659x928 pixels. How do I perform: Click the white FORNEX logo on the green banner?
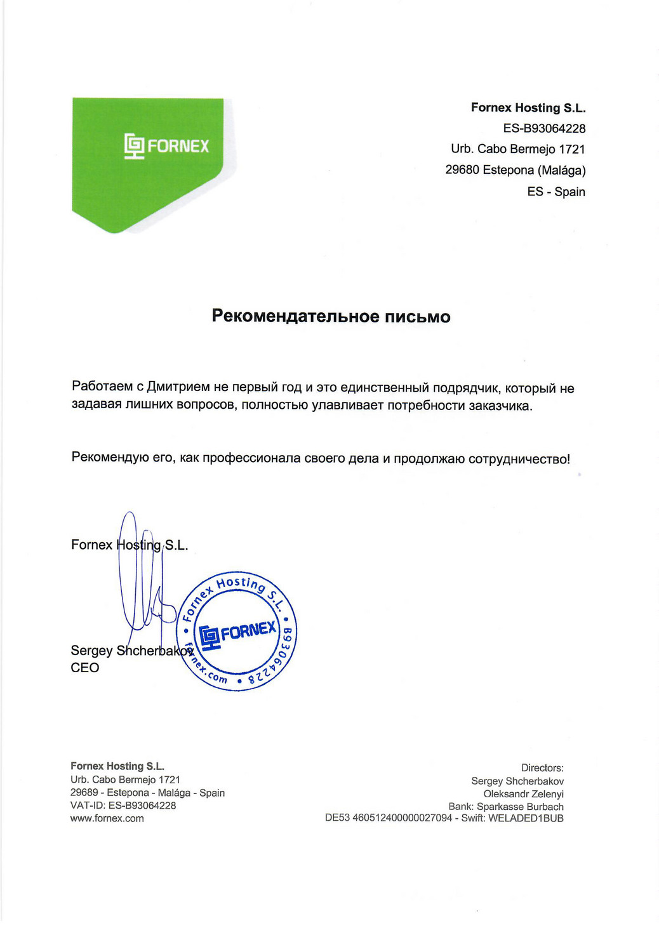tap(166, 146)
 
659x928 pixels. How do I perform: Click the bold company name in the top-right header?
tap(528, 108)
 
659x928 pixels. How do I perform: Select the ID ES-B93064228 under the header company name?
tap(544, 128)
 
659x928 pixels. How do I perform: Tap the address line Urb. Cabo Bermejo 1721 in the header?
tap(517, 149)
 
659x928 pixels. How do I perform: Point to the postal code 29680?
tap(462, 170)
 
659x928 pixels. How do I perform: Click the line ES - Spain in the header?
tap(556, 192)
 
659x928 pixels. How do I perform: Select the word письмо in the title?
tap(417, 316)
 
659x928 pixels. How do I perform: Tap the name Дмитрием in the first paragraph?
tap(178, 387)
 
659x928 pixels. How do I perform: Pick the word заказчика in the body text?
tap(500, 406)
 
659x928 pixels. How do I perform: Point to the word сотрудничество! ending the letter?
tap(519, 459)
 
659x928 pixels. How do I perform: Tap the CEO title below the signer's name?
tap(85, 668)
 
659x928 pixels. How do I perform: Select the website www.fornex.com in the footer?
tap(107, 819)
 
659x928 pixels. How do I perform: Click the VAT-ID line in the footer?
tap(123, 805)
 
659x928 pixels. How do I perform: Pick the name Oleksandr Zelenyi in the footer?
tap(523, 794)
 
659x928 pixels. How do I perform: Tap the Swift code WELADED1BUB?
tap(526, 818)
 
